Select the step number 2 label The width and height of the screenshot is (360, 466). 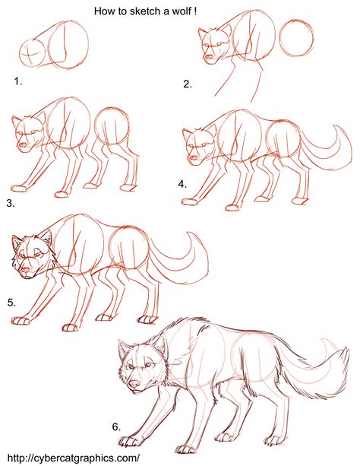pyautogui.click(x=188, y=84)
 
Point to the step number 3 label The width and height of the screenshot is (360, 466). pyautogui.click(x=10, y=203)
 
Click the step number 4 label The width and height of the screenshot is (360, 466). pyautogui.click(x=182, y=184)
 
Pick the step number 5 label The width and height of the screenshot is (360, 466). pyautogui.click(x=12, y=302)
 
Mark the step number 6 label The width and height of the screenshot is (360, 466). pyautogui.click(x=116, y=427)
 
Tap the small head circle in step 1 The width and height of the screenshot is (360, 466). pyautogui.click(x=33, y=54)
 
